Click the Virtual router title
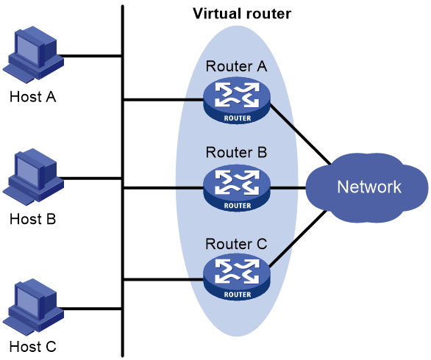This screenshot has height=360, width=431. click(x=242, y=14)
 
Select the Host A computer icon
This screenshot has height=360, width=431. click(x=33, y=54)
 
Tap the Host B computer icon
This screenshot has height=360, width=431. click(x=33, y=177)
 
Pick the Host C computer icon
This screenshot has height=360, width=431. click(x=33, y=307)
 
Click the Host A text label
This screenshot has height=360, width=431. click(x=32, y=97)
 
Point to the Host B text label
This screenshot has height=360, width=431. click(x=32, y=219)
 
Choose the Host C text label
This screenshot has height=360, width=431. click(x=32, y=347)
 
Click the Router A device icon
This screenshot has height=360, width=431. click(x=237, y=101)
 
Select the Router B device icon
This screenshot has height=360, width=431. click(x=237, y=188)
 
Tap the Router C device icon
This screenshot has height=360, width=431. click(x=237, y=277)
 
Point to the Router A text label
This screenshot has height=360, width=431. click(x=236, y=66)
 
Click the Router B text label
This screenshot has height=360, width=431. click(x=236, y=152)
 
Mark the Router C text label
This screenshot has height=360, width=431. click(x=236, y=244)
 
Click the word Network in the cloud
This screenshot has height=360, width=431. click(x=369, y=187)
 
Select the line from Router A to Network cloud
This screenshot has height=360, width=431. click(x=300, y=134)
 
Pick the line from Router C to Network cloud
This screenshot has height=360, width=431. click(x=299, y=239)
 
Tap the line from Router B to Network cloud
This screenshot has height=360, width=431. click(x=288, y=188)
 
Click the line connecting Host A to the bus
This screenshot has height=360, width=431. click(x=89, y=56)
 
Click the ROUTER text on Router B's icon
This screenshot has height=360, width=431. click(x=238, y=206)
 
